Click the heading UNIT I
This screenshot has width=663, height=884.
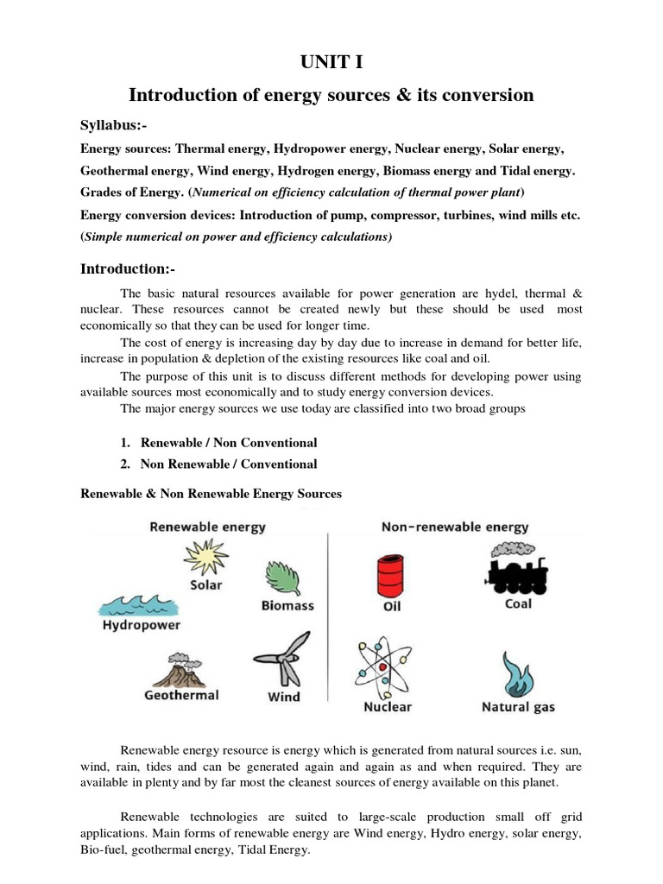coord(331,60)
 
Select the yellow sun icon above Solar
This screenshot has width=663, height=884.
coord(205,557)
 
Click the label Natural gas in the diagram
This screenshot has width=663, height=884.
coord(518,708)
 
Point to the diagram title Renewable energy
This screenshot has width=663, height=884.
coord(208,526)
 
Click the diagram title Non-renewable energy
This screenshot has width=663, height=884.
coord(455,526)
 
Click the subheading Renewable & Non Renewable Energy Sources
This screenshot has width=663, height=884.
coord(211,494)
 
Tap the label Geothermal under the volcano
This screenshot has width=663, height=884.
coord(181,695)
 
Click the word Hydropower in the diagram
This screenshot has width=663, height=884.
coord(141,624)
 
